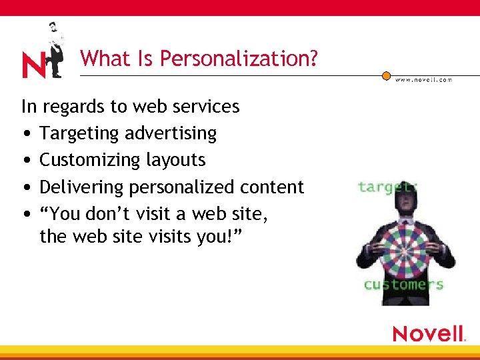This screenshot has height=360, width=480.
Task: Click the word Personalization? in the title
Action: pyautogui.click(x=239, y=59)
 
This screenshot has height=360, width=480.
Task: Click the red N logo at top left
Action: pyautogui.click(x=33, y=65)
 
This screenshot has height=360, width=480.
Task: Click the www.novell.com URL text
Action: pyautogui.click(x=423, y=79)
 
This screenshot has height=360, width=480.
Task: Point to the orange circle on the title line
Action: pyautogui.click(x=386, y=75)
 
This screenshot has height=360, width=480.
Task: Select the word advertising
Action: pyautogui.click(x=171, y=134)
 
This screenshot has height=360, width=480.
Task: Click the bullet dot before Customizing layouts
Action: pyautogui.click(x=25, y=161)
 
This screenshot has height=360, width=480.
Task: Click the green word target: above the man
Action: pyautogui.click(x=387, y=186)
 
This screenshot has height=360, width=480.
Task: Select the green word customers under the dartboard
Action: pyautogui.click(x=403, y=285)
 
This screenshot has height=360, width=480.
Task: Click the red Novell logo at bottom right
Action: pyautogui.click(x=428, y=333)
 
